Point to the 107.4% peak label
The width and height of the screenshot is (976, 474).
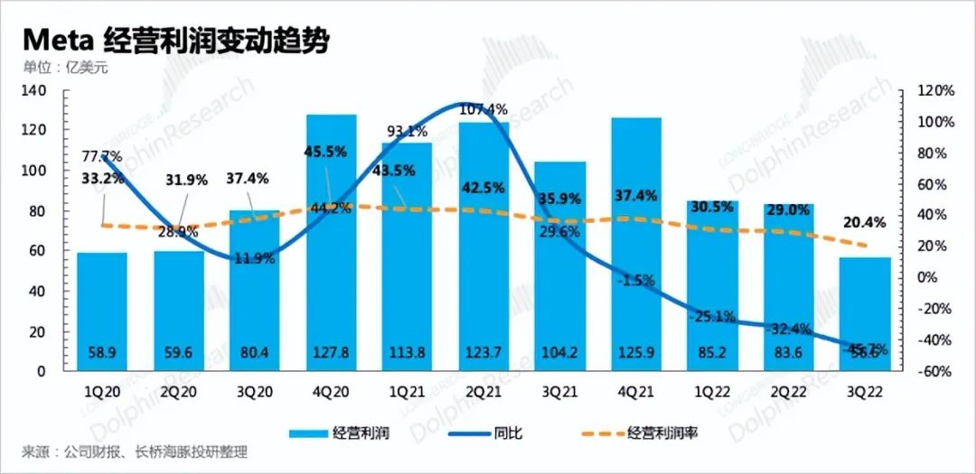(484, 109)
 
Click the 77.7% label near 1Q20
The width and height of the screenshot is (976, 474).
(100, 157)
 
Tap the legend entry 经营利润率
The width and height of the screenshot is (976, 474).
(660, 433)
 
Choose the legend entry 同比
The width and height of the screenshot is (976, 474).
(510, 433)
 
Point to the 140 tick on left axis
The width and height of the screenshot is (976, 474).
(33, 91)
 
